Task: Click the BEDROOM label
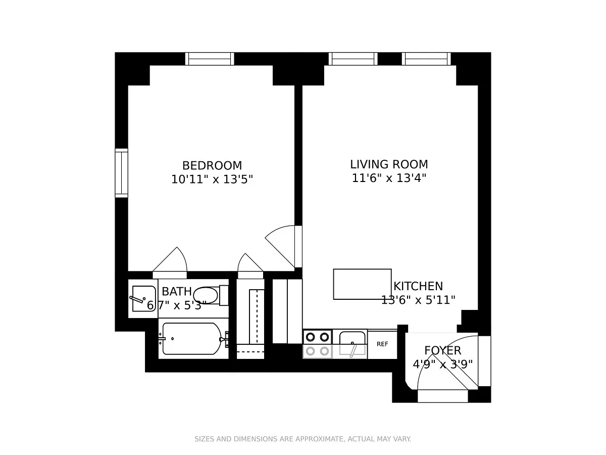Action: [212, 165]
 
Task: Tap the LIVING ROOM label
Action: [389, 164]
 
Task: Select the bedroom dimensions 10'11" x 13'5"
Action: [212, 179]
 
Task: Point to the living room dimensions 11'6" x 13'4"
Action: [389, 178]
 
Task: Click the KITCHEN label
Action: [418, 286]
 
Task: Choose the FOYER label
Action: [442, 350]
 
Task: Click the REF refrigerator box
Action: [382, 344]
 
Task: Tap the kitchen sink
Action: [352, 343]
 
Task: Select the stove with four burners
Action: [318, 344]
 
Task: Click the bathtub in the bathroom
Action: [193, 338]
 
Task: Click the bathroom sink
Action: [143, 298]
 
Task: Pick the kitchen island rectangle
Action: [362, 284]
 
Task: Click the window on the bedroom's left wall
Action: [122, 173]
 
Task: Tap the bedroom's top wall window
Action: [210, 59]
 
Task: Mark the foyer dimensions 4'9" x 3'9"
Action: [442, 365]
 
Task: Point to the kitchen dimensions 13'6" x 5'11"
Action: [418, 300]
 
